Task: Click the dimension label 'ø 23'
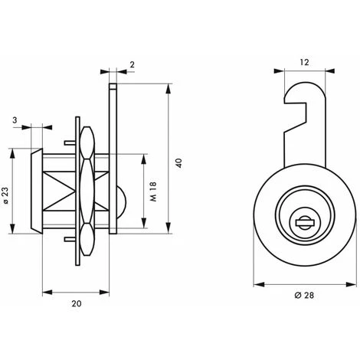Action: tap(6, 195)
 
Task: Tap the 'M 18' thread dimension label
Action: tap(153, 191)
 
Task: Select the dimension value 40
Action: tap(179, 163)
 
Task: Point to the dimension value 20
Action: tap(77, 303)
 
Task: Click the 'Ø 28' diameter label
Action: tap(304, 295)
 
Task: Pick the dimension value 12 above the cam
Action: tap(304, 62)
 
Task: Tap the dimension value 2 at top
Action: tap(132, 64)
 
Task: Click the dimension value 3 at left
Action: tap(15, 119)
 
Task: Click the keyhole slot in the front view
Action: tap(304, 223)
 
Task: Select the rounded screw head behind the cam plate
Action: tap(121, 201)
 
